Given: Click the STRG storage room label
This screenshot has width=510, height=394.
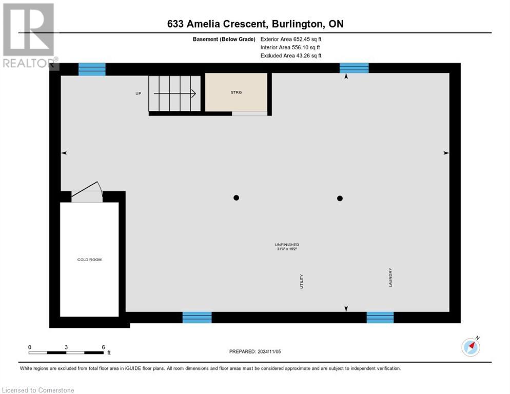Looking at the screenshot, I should coord(236,92).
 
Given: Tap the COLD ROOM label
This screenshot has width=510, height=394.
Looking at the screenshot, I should coord(89,260).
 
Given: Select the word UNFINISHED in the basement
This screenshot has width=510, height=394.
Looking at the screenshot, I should coord(287,245).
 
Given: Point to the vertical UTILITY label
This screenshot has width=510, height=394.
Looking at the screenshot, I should coord(302,281).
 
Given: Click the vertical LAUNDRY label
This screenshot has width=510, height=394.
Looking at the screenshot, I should coord(390,277).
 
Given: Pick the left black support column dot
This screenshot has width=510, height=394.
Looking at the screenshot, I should coord(236,198).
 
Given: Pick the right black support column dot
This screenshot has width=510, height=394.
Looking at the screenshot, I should coord(340,198).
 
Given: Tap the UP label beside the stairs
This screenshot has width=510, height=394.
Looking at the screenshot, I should coord(138,93).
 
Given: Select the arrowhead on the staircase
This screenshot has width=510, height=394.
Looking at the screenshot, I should coord(193,93).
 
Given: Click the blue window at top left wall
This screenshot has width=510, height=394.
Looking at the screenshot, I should coord(92,69).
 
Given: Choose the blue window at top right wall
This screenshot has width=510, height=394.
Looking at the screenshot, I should coord(354,68).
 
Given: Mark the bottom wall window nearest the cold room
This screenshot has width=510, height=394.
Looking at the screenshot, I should coord(197,318).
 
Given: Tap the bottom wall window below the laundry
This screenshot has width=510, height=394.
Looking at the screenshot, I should coord(380,318).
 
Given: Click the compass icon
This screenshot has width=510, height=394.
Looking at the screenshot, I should coord(470,347).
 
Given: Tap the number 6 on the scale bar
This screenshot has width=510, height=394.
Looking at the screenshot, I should coord(103,347).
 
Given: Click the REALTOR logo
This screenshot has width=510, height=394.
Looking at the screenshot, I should coord(29,36).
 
